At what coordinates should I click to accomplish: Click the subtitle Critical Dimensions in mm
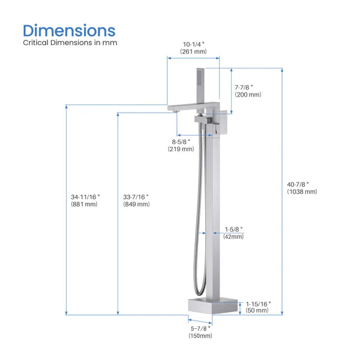point(70,43)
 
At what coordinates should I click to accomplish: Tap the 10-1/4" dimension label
point(193,43)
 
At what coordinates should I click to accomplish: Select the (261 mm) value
point(193,52)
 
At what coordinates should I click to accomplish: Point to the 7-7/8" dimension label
point(247,86)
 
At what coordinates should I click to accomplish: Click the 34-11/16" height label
point(85,196)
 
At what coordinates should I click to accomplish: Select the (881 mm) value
point(84,205)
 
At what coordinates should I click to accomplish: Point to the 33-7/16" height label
point(135,196)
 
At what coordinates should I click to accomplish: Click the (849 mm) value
point(136,205)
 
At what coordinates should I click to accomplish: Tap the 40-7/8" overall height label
point(302,184)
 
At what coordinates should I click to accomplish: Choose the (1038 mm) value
point(302,192)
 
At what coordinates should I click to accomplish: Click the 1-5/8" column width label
point(233,229)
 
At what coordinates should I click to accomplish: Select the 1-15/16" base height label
point(258,304)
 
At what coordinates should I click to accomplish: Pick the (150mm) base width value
point(200,335)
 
